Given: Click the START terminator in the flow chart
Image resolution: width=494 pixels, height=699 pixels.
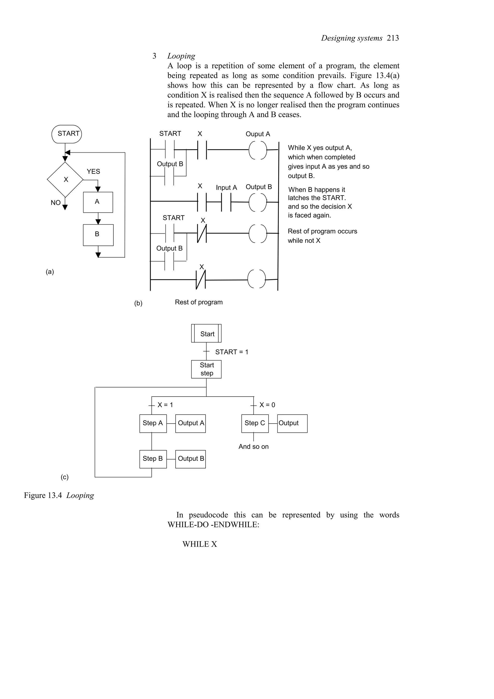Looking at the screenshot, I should [67, 134].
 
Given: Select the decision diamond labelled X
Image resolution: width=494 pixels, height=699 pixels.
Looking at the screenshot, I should [65, 180].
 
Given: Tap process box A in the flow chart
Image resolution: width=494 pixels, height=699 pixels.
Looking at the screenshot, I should [98, 202].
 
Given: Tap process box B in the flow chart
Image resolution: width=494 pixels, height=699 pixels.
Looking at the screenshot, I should [98, 235].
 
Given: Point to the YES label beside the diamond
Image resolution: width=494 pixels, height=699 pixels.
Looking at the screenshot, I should [93, 171].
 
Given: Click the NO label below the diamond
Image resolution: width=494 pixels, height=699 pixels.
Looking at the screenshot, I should [55, 203].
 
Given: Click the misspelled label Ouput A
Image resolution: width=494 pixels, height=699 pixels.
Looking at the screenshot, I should [258, 134].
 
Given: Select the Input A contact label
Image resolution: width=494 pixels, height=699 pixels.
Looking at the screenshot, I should [226, 188].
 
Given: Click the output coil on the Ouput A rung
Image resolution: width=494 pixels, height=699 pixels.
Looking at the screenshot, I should [258, 150].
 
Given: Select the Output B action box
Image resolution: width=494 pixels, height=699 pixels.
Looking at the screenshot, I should [190, 459].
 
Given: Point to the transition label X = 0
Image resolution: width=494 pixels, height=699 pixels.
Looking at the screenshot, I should [267, 405].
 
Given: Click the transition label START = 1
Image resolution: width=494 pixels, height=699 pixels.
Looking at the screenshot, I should [231, 352].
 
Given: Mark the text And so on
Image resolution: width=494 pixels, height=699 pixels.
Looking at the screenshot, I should [253, 447].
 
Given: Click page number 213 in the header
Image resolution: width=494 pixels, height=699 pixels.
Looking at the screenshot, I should [393, 38].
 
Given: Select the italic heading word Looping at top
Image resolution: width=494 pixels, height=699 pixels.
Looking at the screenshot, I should [181, 56].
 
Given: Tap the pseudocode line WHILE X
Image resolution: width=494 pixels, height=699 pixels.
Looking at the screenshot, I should [200, 544].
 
